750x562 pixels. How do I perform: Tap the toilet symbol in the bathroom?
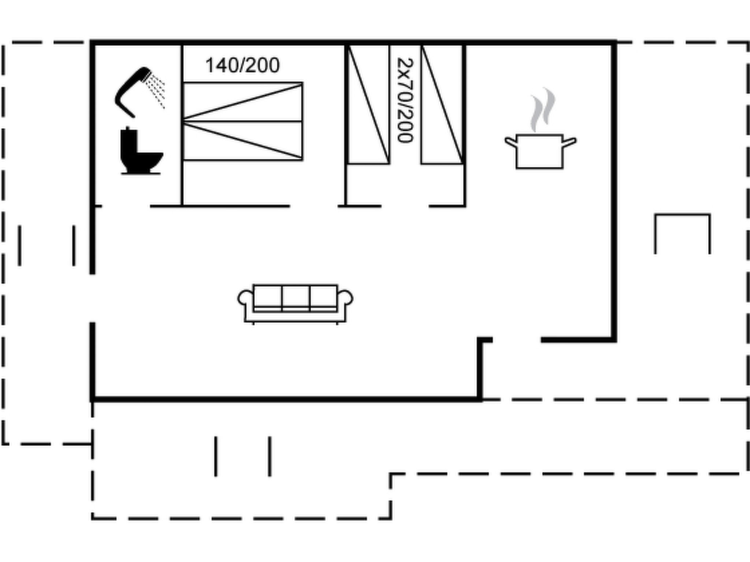[x=141, y=151]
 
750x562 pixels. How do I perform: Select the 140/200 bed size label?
[x=242, y=65]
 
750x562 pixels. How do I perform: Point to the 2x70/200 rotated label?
[x=405, y=100]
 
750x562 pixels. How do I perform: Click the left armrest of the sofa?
[x=245, y=298]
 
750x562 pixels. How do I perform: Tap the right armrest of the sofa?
[x=345, y=298]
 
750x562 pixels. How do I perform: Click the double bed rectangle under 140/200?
[x=243, y=121]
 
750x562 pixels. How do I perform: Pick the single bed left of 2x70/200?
[x=368, y=104]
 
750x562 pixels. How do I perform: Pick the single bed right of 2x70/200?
[x=442, y=104]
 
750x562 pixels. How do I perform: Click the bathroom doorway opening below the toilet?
[x=126, y=206]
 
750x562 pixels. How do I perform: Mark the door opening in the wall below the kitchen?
[x=517, y=340]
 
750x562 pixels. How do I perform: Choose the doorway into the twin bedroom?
[x=405, y=206]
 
